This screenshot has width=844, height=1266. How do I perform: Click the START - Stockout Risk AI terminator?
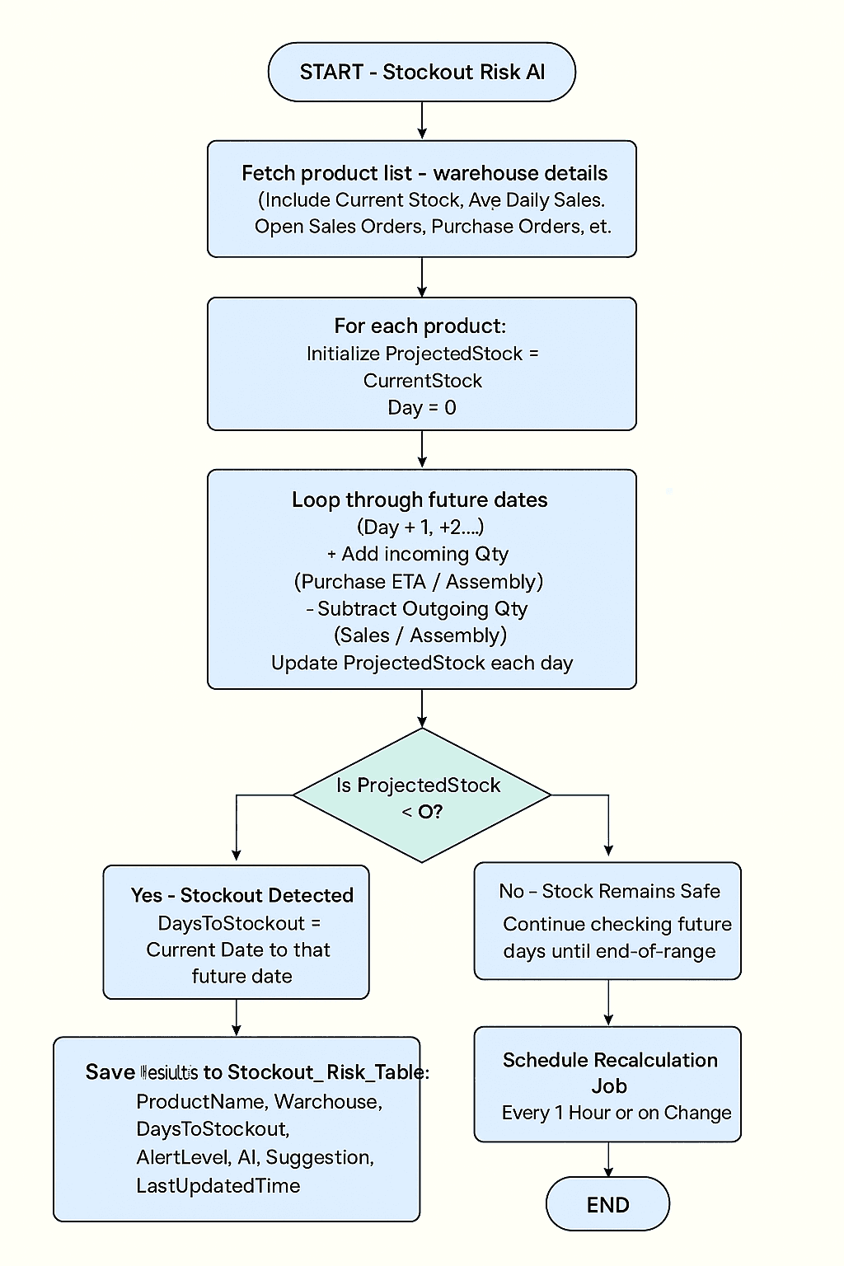pos(421,73)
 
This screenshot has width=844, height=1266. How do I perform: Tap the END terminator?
pos(607,1204)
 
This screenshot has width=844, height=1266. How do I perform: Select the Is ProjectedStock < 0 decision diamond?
pos(421,796)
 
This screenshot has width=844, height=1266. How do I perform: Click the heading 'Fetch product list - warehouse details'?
pos(424,173)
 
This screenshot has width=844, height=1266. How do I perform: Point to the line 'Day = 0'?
pos(421,407)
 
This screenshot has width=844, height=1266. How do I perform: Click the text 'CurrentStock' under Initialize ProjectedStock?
pos(422,381)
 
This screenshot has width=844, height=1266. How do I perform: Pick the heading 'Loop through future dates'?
pos(420,500)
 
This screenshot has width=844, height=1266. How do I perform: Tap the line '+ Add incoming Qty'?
pos(418,554)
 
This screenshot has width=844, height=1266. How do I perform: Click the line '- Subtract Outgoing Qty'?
pos(417,609)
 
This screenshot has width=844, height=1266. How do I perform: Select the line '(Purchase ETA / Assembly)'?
pos(419,582)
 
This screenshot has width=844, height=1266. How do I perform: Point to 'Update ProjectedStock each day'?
pos(421,663)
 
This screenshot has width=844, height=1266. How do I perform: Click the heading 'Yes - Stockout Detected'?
pos(241,895)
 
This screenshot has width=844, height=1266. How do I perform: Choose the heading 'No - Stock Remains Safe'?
pos(609,891)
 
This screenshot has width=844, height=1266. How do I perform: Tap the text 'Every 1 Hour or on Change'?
pos(616,1113)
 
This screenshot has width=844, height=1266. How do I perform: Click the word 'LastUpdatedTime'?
pos(218,1185)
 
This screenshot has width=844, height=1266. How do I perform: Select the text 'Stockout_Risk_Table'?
pos(326,1072)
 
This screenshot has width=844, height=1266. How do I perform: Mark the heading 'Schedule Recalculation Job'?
pos(610,1072)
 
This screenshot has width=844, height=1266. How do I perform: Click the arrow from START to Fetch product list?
pos(422,121)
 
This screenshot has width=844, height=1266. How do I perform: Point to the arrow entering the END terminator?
pos(608,1160)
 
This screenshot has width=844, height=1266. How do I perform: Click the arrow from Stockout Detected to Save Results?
pos(237,1018)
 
